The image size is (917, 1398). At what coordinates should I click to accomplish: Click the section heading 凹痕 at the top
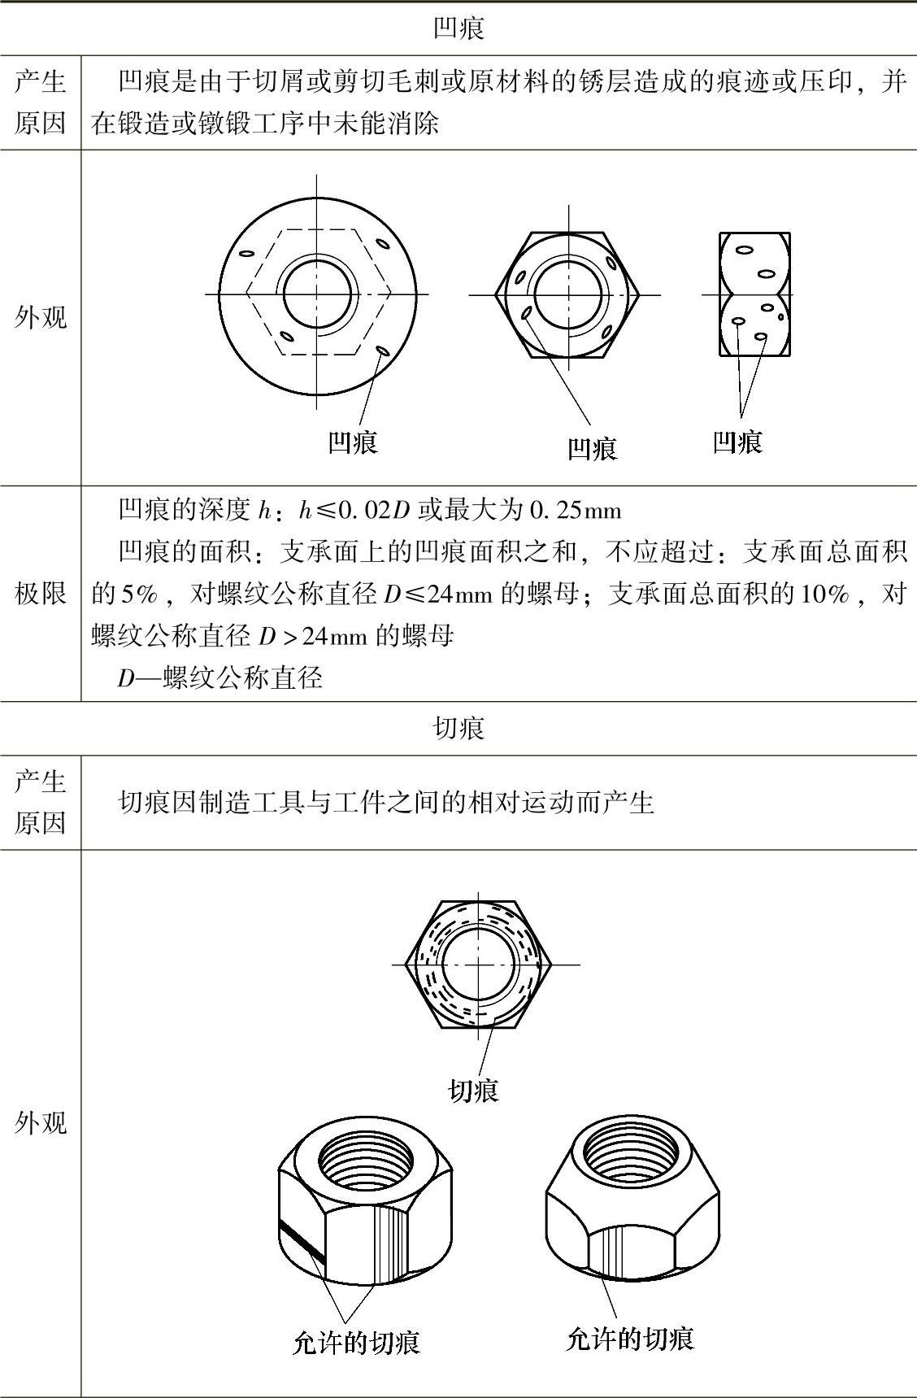point(458,28)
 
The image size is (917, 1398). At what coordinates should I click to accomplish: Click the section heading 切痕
point(458,728)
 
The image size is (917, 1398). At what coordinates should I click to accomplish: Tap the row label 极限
point(41,594)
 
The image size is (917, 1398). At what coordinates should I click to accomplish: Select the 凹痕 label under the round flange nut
point(353,442)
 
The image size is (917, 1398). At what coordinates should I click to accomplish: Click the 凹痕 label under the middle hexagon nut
point(592,448)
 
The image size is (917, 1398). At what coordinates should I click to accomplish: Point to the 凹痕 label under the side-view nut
point(737,442)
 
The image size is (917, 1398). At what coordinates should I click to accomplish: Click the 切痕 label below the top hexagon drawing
point(473,1091)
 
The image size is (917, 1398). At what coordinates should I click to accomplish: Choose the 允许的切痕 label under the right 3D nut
point(629,1338)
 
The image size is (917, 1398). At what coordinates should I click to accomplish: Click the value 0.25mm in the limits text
point(575,511)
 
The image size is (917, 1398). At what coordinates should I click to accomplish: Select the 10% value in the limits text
point(824,594)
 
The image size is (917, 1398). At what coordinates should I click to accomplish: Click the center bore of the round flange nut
point(317,294)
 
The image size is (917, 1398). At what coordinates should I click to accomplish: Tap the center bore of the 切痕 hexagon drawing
point(480,965)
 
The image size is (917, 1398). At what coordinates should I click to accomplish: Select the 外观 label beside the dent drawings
point(41,317)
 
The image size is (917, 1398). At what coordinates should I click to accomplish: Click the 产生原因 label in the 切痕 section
point(41,803)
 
